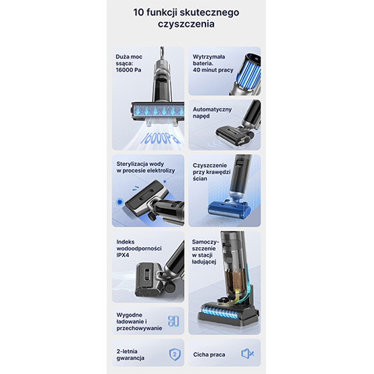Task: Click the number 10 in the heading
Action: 138,12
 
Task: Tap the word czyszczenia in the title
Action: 186,24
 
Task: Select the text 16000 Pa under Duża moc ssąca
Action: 128,70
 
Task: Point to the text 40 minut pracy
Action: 213,70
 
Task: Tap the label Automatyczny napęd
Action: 212,113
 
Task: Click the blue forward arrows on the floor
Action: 216,144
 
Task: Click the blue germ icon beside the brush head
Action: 120,202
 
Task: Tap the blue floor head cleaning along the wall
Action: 229,209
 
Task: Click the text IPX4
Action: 123,255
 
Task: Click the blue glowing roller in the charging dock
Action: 222,312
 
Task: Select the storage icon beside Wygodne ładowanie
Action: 173,321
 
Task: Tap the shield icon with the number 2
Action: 175,355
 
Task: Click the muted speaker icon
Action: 247,353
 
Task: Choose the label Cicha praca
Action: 209,355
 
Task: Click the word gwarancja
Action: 130,358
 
